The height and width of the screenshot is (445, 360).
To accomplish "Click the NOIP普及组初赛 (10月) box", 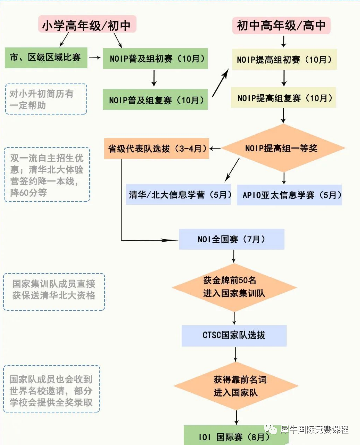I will click(x=155, y=58).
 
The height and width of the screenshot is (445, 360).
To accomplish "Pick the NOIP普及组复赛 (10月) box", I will click(x=155, y=100).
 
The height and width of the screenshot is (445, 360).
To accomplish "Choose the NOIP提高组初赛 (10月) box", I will click(x=284, y=59).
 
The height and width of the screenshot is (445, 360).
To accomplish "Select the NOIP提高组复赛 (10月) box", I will click(x=284, y=98).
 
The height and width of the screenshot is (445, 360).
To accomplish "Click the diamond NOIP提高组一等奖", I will click(x=284, y=148).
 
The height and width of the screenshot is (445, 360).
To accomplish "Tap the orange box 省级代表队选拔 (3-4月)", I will click(x=156, y=149).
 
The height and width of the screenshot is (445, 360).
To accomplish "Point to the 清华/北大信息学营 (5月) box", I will click(x=179, y=195).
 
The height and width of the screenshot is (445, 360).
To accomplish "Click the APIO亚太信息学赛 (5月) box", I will click(x=289, y=195).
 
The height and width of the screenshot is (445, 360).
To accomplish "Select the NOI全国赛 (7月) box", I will click(x=232, y=239).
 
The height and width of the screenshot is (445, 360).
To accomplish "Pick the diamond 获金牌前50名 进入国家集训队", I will click(x=234, y=286).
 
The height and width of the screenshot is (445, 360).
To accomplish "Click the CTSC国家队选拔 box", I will click(x=234, y=336).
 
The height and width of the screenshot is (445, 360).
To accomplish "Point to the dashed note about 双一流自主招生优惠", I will click(x=47, y=174).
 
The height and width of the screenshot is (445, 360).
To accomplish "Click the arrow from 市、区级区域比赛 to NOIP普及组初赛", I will click(x=95, y=58).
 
